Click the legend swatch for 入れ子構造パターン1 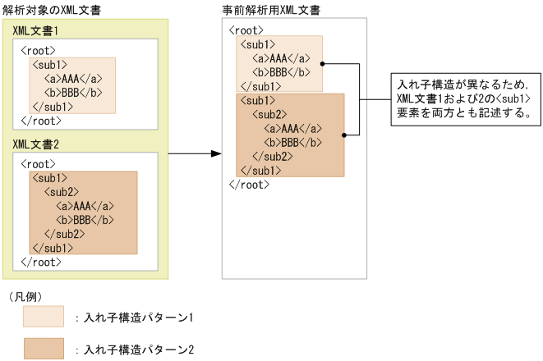click(44, 315)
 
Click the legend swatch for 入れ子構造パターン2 click(44, 348)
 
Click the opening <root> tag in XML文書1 click(39, 50)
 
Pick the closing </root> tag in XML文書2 click(40, 262)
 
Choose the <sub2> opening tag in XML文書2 click(61, 191)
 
